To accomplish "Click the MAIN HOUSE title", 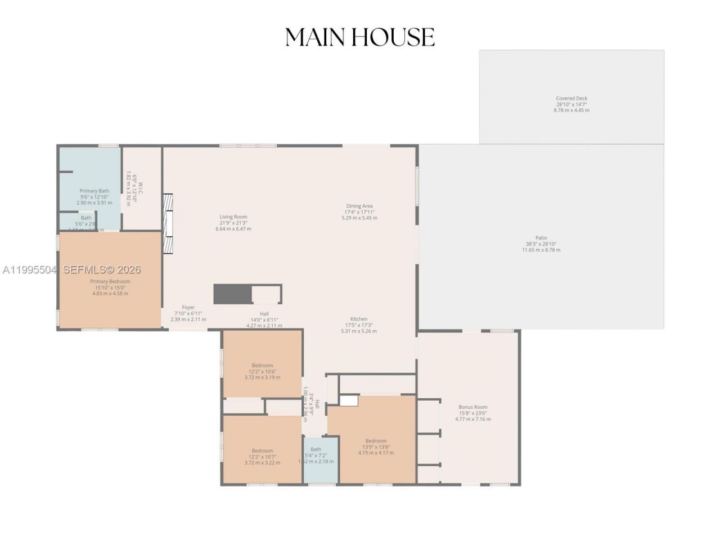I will click(x=360, y=37).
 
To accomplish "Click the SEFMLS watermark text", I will click(x=101, y=270).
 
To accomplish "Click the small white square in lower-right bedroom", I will click(x=349, y=400).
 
